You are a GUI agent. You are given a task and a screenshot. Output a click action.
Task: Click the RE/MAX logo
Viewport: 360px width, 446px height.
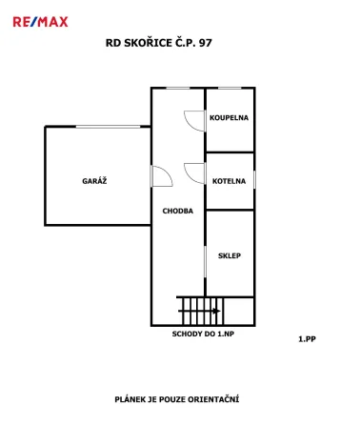[40, 22]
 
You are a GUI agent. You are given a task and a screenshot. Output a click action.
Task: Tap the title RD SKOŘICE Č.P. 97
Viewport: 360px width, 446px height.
[158, 43]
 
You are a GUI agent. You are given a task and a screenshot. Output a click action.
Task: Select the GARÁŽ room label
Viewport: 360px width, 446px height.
[94, 181]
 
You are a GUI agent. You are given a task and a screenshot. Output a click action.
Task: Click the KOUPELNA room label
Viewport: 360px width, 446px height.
[229, 117]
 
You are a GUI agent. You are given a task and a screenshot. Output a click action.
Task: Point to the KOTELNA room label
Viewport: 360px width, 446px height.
[229, 181]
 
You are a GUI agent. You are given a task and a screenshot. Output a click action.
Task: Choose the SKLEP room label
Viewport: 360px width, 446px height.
[230, 255]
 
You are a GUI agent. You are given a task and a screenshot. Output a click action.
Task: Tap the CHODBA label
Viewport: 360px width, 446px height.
[178, 211]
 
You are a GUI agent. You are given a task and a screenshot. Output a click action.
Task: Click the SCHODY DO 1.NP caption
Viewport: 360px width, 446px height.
[203, 334]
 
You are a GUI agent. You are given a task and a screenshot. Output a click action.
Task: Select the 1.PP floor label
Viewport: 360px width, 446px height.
[307, 339]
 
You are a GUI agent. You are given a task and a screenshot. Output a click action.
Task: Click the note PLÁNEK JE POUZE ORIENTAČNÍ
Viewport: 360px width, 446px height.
[177, 399]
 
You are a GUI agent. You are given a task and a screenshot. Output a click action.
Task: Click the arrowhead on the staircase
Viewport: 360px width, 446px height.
[217, 311]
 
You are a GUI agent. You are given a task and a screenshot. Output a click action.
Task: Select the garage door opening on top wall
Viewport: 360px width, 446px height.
[108, 127]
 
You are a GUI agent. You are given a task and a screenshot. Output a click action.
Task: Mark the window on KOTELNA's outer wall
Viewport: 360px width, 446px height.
[254, 179]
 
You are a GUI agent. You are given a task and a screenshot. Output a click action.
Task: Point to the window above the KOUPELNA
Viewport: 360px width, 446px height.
[230, 88]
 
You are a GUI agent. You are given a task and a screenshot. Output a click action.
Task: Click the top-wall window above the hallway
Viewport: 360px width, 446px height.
[178, 88]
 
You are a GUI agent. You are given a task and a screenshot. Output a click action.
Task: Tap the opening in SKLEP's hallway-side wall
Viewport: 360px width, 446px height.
[205, 261]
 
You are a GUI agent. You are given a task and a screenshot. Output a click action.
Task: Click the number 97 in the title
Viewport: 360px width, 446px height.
[206, 43]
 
